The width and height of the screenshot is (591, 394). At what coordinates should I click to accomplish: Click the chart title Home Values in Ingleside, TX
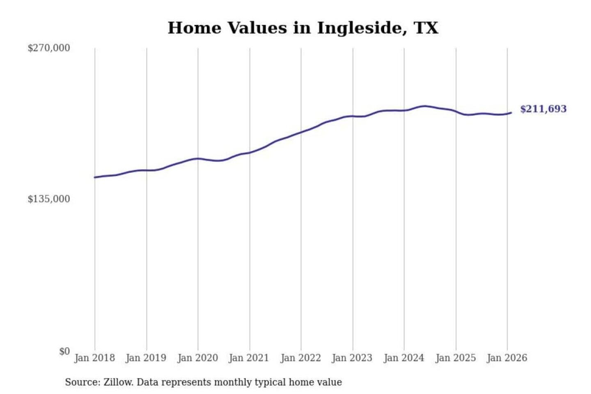(303, 28)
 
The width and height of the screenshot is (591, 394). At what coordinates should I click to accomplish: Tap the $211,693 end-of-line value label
(543, 109)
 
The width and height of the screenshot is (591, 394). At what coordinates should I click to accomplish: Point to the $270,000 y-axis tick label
(49, 48)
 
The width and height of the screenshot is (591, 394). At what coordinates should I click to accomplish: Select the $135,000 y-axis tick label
(49, 199)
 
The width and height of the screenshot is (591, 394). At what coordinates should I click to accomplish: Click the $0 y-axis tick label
(64, 351)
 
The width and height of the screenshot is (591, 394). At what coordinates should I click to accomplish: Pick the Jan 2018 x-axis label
(94, 358)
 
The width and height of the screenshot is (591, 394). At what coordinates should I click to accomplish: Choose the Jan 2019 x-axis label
(146, 358)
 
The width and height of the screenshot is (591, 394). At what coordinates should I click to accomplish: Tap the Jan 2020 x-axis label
(197, 358)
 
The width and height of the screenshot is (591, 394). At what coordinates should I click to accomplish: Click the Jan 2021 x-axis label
(249, 358)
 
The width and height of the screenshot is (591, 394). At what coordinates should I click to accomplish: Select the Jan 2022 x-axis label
(300, 358)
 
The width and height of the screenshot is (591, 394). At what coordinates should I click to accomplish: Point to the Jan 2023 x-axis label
(352, 358)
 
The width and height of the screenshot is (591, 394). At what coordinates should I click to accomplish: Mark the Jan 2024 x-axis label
(403, 358)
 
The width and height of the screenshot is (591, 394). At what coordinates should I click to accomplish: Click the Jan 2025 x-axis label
(455, 358)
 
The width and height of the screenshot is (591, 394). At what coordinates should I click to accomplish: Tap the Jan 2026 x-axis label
(506, 358)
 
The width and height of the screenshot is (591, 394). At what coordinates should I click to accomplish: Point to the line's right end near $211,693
(511, 112)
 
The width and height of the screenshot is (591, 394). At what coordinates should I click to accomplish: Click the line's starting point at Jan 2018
(95, 177)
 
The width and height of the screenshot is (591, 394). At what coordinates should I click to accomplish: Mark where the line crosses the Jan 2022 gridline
(301, 132)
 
